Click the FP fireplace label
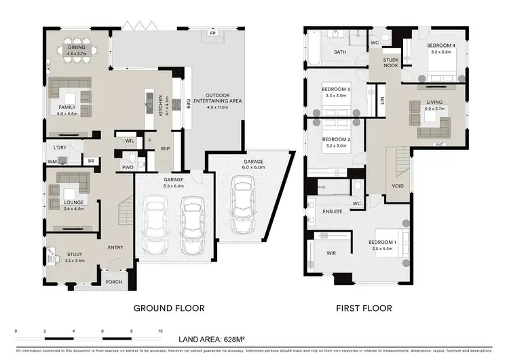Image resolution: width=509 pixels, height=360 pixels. pos(212,33)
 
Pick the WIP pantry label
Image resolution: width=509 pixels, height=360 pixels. pos(165,148)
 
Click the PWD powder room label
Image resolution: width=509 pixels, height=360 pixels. pos(128,166)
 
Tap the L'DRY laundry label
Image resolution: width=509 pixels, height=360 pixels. pos(59,147)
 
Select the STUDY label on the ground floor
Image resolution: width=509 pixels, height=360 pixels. pos(75,255)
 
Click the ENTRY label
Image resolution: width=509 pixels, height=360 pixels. pos(115,247)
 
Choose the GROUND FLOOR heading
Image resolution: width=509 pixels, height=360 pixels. pos(169,308)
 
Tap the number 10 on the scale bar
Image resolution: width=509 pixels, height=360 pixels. pos(160,331)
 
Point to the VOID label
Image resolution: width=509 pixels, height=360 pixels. pos(398,185)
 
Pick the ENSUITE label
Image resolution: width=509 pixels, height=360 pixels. pos(332,212)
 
